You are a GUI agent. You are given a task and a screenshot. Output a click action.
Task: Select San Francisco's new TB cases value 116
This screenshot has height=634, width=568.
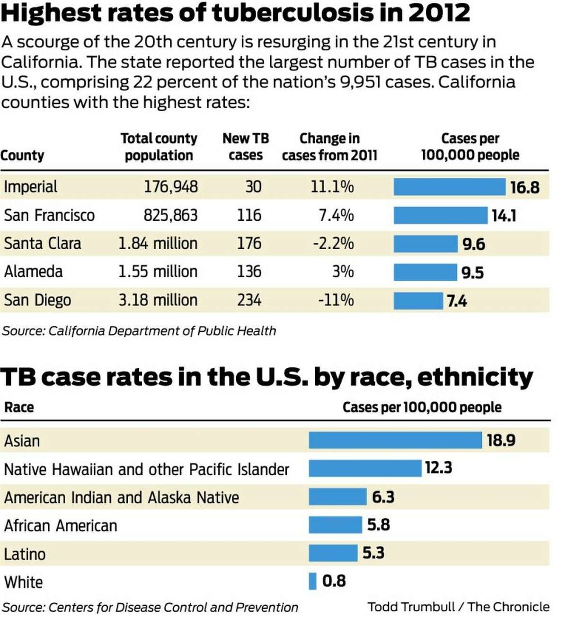click(x=249, y=216)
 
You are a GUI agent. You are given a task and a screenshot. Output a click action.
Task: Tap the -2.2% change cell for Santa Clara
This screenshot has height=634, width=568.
click(x=333, y=243)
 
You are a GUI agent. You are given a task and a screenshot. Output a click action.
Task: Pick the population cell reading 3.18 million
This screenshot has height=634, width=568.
click(x=158, y=300)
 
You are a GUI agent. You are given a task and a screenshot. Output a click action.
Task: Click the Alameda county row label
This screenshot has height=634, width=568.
click(x=33, y=272)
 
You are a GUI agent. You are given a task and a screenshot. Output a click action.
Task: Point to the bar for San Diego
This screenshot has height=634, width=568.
click(x=418, y=301)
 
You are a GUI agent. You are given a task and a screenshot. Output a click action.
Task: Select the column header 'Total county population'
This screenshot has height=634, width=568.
click(x=159, y=147)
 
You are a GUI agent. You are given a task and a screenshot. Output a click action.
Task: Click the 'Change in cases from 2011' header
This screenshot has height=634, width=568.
click(x=329, y=147)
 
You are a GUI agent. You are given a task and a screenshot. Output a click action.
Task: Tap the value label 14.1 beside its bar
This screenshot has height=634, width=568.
click(x=504, y=216)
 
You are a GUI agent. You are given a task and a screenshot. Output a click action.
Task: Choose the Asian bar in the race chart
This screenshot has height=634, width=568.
click(x=395, y=440)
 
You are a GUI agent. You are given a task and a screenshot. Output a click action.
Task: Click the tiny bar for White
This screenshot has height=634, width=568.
click(x=312, y=581)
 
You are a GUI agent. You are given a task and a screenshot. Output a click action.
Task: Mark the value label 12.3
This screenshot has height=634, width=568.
click(x=438, y=468)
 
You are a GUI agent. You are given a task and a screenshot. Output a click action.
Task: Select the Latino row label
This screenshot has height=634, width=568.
click(x=25, y=554)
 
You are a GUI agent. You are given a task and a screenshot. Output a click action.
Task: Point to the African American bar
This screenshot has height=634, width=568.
click(x=335, y=525)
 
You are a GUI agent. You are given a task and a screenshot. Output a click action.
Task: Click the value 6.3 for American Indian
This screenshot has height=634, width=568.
click(x=383, y=497)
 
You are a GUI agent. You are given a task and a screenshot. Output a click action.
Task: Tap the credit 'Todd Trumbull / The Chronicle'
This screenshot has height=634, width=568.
click(x=458, y=607)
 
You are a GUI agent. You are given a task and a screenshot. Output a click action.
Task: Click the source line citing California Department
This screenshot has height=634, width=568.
click(x=139, y=331)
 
